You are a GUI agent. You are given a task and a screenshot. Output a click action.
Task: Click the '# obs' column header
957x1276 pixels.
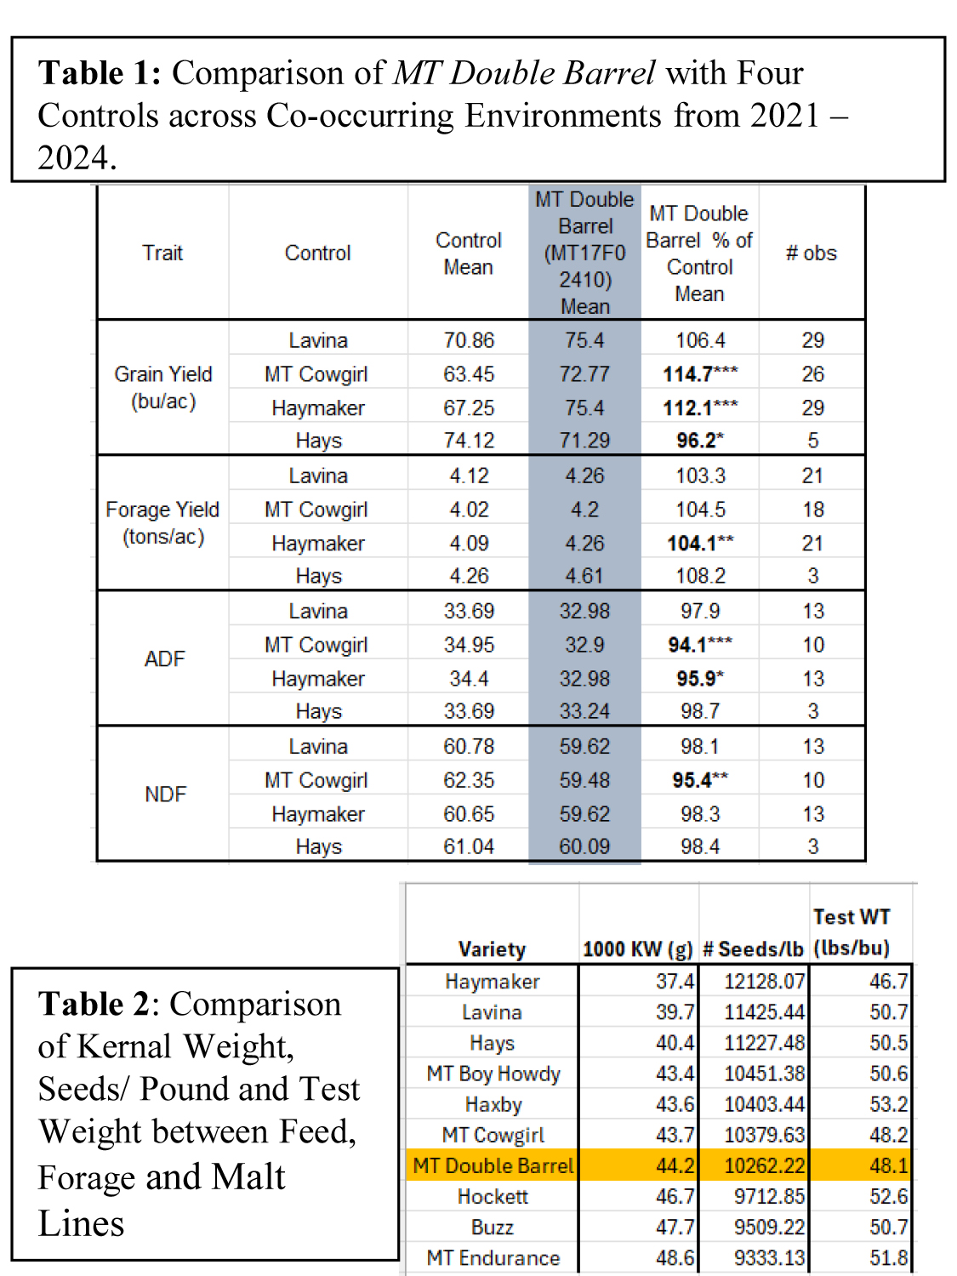coord(811,253)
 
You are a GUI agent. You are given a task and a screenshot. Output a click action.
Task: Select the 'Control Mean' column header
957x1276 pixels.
coord(468,253)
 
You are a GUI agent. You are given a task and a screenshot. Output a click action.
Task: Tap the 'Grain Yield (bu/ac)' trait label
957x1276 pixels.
coord(163,387)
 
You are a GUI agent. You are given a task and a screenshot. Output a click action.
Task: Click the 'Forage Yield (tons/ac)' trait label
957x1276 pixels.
coord(162,522)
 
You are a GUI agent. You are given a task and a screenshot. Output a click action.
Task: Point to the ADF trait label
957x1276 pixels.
coord(164,658)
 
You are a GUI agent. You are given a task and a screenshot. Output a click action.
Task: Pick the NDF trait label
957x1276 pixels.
coord(165,794)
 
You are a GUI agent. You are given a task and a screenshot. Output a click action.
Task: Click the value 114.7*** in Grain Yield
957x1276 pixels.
coord(700,373)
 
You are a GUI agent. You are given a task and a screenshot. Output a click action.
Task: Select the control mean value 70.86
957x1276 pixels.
coord(468,340)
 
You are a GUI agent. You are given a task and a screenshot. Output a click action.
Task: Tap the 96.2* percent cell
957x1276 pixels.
coord(699,441)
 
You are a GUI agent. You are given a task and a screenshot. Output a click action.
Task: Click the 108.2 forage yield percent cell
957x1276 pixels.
coord(700,576)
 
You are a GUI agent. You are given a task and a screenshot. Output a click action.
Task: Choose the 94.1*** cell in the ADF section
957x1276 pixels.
coord(699,645)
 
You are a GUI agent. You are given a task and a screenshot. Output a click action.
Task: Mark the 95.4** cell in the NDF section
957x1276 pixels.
coord(699,780)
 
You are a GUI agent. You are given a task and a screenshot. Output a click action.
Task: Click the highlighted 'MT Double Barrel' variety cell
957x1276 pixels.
coord(493,1165)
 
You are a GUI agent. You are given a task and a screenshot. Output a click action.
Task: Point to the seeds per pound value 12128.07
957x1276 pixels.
coord(763,982)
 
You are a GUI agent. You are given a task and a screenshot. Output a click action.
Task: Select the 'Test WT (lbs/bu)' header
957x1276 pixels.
coord(851,932)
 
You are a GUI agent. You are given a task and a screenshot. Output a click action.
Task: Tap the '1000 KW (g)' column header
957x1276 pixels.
coord(637,949)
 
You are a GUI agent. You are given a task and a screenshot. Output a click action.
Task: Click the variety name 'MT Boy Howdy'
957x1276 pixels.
coord(493,1074)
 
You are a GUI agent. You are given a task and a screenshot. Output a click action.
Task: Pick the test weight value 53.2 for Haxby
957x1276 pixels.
coord(888,1104)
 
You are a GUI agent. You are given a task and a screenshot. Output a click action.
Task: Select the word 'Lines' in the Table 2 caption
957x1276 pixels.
coord(81,1223)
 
